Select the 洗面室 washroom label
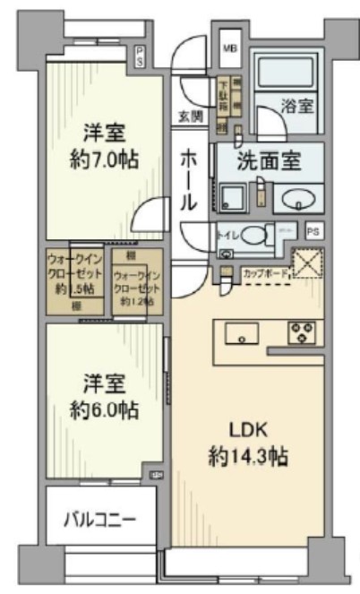tap(268, 162)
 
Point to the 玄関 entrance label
tap(189, 116)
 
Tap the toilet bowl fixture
tap(253, 236)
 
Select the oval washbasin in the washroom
tap(296, 198)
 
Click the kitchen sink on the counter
tap(242, 335)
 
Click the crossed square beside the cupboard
tap(308, 265)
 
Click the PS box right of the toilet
tap(312, 231)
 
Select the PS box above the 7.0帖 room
tap(140, 58)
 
